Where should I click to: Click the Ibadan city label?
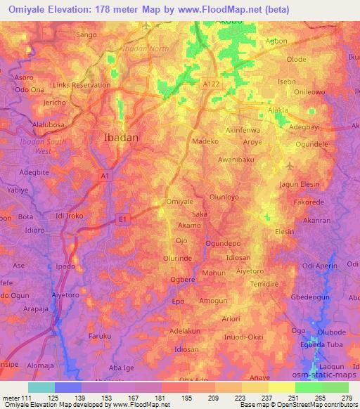tap(121, 138)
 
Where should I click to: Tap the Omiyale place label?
tap(179, 202)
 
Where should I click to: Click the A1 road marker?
tap(105, 176)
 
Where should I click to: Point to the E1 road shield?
tap(122, 219)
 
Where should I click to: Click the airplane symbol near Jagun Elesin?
tap(290, 167)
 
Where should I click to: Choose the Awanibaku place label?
tap(236, 160)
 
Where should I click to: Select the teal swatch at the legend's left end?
tap(41, 387)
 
